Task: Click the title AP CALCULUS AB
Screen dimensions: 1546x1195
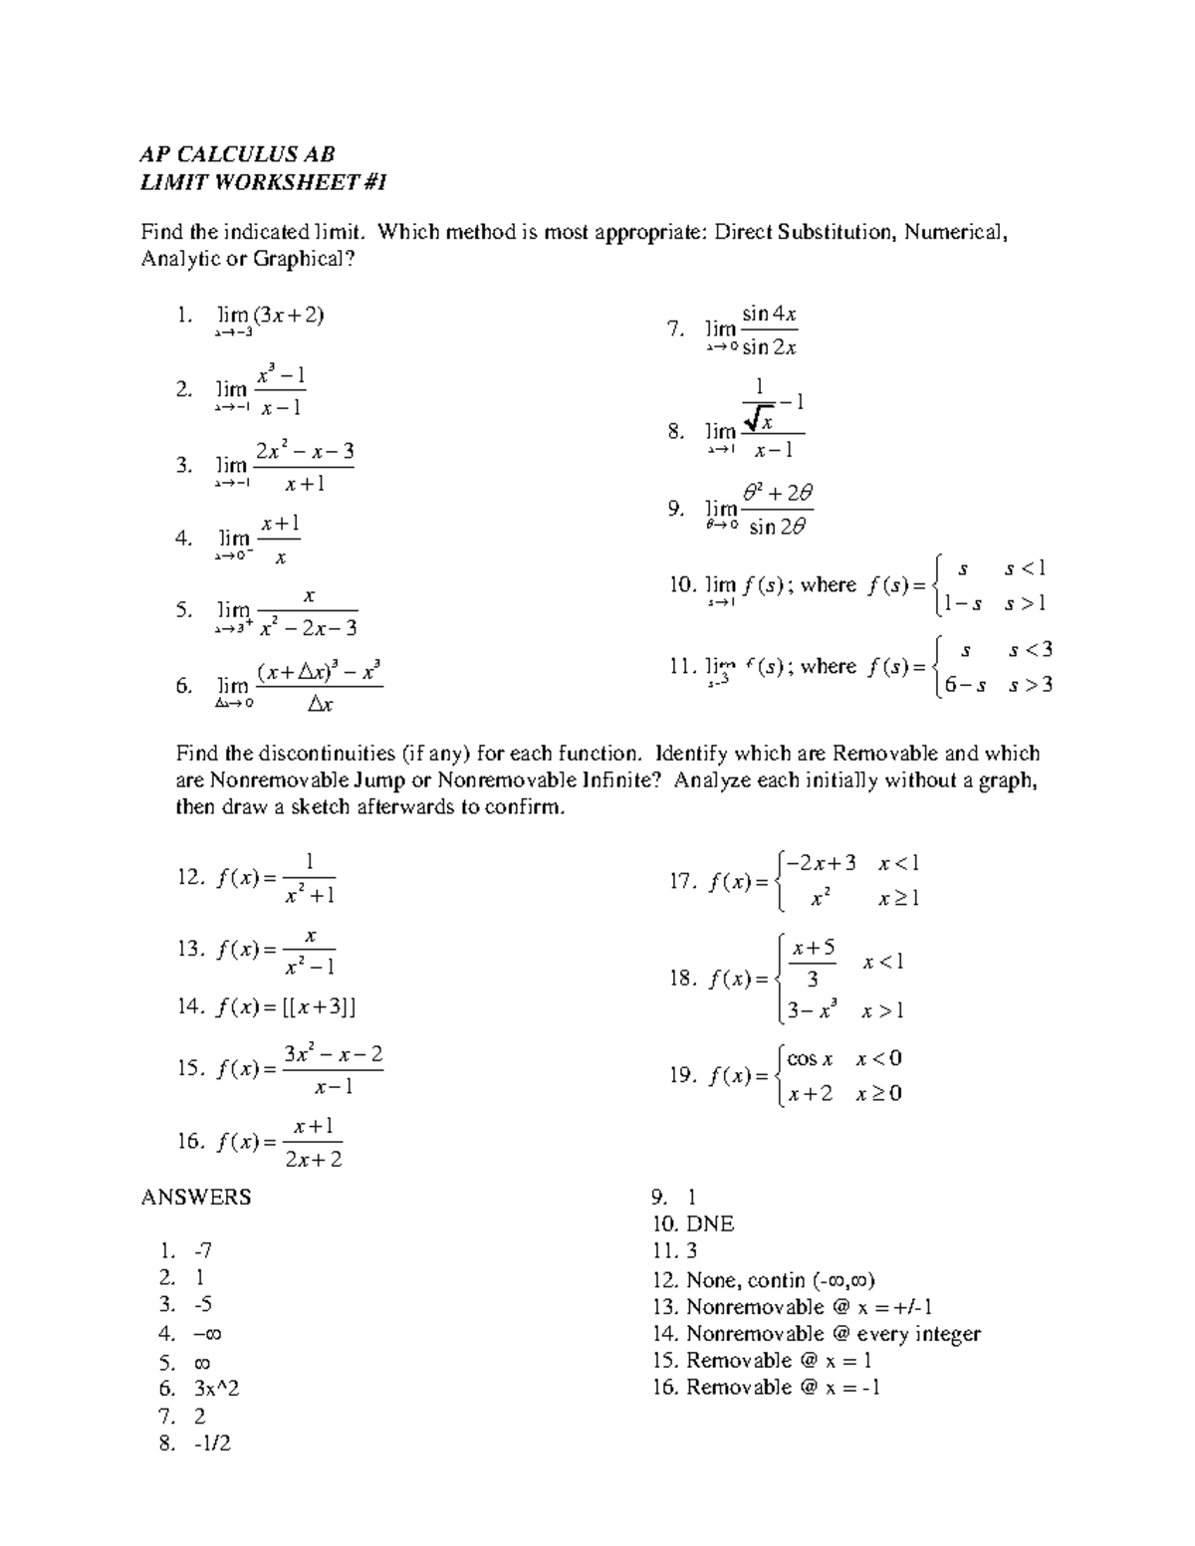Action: click(237, 154)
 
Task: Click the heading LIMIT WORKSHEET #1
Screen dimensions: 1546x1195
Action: click(263, 182)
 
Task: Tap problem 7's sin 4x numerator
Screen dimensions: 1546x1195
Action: click(769, 315)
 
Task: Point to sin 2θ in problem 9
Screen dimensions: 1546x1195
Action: click(777, 528)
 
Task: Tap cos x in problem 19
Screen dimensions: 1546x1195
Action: click(810, 1059)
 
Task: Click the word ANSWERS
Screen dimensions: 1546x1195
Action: click(196, 1198)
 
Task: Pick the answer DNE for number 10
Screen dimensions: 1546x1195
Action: click(710, 1224)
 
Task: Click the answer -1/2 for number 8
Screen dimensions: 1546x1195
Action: click(213, 1442)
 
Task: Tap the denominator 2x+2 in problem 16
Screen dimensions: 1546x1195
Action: click(313, 1160)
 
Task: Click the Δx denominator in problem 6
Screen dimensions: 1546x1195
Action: click(320, 705)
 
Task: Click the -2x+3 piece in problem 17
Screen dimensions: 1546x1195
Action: click(822, 863)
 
